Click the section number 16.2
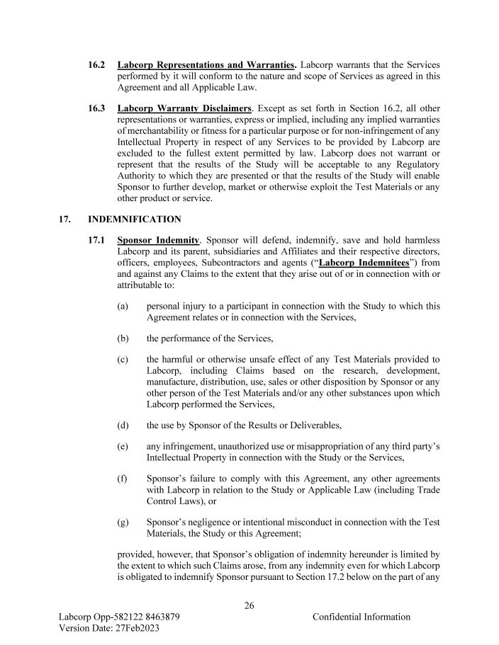[97, 64]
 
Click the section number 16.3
[97, 108]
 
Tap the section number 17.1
[97, 241]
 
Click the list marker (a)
[123, 307]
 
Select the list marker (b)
[123, 339]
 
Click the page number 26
[249, 605]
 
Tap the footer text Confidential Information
[361, 617]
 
